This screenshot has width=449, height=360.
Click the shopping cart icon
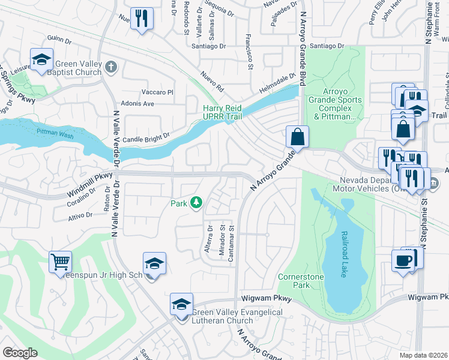pos(60,262)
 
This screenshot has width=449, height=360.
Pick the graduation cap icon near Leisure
pos(41,59)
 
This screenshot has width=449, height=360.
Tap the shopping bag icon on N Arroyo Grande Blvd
pos(297,137)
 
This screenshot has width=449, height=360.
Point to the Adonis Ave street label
pos(139,103)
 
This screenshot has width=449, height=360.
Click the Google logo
pos(20,353)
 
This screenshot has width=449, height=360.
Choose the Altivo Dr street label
pos(80,214)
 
